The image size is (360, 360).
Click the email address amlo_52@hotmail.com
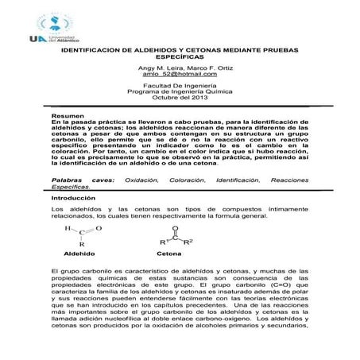(x=180, y=74)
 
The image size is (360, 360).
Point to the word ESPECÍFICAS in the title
(x=180, y=56)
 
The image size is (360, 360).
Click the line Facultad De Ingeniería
(x=180, y=84)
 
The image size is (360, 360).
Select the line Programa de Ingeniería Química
(x=180, y=91)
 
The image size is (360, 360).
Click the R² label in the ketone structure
(x=189, y=241)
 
